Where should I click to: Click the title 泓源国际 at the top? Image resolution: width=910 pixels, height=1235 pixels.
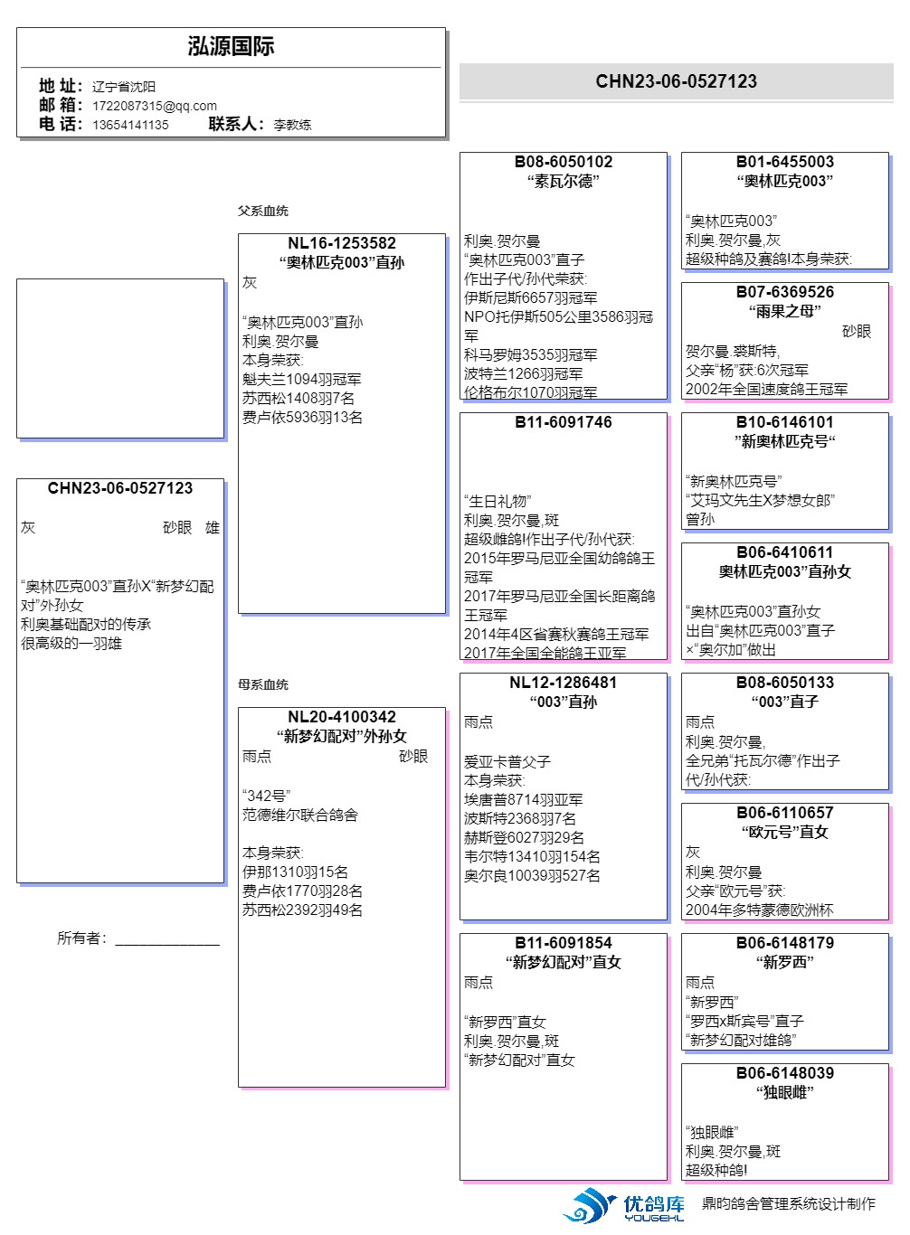click(x=231, y=47)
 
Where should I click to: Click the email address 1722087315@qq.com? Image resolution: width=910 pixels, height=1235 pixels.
click(x=155, y=106)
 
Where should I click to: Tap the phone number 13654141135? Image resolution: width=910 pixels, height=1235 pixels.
click(x=130, y=125)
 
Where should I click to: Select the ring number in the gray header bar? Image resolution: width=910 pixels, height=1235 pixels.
click(x=676, y=81)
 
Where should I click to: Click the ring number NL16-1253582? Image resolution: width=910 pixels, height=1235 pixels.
click(x=341, y=243)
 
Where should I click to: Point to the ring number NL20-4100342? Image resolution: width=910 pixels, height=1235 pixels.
click(x=341, y=717)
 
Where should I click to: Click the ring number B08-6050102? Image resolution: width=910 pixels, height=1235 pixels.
click(x=563, y=162)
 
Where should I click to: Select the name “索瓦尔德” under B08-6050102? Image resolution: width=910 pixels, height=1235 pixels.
click(x=563, y=181)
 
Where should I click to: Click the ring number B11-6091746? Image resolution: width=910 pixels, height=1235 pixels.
click(x=563, y=422)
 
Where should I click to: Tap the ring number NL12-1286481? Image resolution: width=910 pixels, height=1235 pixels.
click(x=563, y=683)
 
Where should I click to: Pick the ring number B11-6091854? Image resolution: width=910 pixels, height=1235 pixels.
click(x=563, y=943)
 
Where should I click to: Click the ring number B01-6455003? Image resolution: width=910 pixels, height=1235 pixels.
click(x=784, y=162)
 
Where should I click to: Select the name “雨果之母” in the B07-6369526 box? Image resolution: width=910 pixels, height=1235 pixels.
click(x=784, y=311)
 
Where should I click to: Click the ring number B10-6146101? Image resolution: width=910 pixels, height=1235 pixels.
click(x=784, y=422)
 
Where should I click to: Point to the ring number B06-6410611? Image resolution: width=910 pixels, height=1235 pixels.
click(x=784, y=552)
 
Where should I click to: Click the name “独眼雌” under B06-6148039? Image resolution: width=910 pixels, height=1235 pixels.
click(x=784, y=1092)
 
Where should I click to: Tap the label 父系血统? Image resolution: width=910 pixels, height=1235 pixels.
click(x=262, y=211)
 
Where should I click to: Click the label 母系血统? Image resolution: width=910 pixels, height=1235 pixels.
click(x=262, y=684)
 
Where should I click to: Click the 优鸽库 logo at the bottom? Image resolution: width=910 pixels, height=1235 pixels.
click(x=624, y=1206)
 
